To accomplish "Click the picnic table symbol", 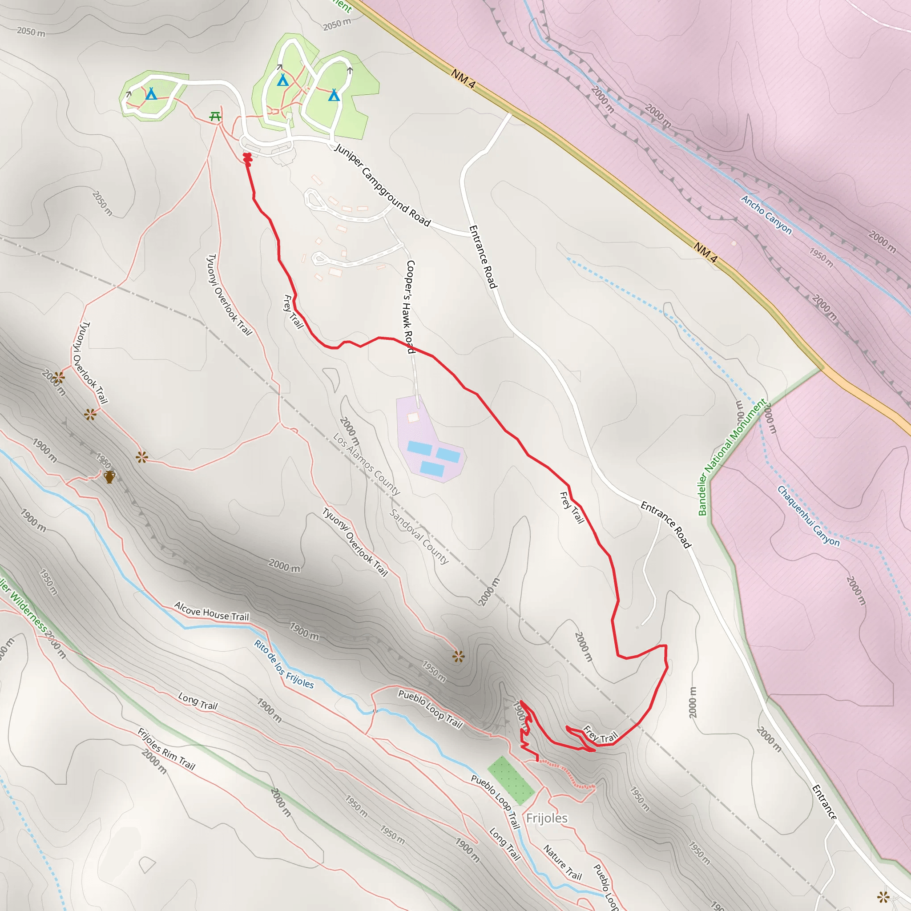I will pos(215,116).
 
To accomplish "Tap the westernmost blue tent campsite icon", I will pos(151,94).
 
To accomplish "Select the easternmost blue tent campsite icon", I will pos(334,95).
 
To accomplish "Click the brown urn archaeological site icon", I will pos(109,477).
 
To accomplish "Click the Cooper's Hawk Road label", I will pos(410,306).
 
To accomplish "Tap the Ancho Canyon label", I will pos(766,214).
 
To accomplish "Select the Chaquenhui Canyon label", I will pos(808,516).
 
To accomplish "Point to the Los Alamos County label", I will pos(367,464).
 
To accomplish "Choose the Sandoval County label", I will pos(419,536).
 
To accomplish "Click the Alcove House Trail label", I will pos(211,611).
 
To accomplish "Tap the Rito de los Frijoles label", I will pos(284,664).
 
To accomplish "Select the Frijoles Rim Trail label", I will pos(166,748).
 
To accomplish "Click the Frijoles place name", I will pos(547,818).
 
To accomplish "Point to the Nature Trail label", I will pos(563,863).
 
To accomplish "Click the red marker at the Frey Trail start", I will pos(247,159).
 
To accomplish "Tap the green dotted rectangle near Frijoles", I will pos(511,780).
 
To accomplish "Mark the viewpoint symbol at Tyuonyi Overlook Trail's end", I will pos(458,656).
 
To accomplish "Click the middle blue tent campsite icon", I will pos(282,80).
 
